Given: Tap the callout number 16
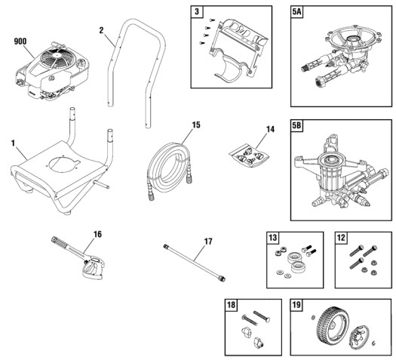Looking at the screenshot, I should click(x=97, y=235).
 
